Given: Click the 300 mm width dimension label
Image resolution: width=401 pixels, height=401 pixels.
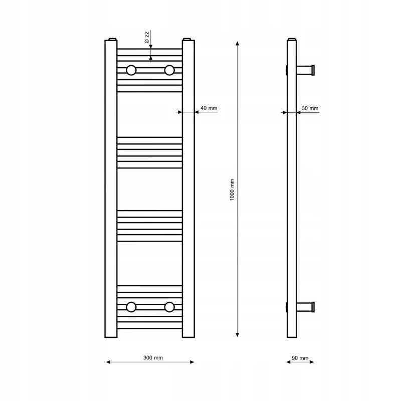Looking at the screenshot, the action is point(153,357).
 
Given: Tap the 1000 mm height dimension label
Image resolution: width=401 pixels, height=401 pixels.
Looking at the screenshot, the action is point(232,190).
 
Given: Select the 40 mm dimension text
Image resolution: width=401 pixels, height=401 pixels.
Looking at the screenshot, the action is point(209,108).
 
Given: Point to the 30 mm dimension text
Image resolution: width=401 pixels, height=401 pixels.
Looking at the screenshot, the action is point(310,108).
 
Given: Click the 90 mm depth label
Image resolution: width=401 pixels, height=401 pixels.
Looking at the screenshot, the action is point(300,358).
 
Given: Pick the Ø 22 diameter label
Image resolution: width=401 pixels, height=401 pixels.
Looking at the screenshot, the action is point(146,37).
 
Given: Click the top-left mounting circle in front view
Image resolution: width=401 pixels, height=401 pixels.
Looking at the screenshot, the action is point(131,70).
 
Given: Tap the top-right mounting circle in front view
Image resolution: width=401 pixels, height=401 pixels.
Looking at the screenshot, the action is point(169,70).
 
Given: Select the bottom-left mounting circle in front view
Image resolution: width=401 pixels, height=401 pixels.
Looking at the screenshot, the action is point(131,307).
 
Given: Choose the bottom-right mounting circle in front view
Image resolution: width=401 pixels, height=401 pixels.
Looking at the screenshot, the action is point(169,307).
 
